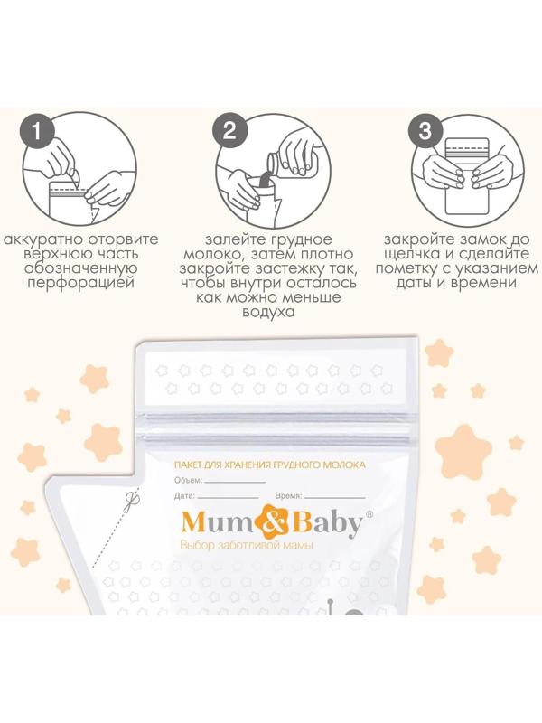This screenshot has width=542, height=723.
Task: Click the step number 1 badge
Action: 36,132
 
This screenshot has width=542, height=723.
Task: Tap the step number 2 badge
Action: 229,132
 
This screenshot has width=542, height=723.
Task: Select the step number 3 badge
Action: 425,131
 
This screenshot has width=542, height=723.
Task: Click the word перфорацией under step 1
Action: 80,282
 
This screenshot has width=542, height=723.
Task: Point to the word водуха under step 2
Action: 268,312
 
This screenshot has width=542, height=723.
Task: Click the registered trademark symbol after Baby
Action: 369,513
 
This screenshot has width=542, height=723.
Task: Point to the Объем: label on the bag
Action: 189,481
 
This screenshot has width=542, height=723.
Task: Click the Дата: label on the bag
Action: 185,496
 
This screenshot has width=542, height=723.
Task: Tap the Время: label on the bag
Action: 288,496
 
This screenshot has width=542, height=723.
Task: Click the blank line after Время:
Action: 334,498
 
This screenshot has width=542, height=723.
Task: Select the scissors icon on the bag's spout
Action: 133,499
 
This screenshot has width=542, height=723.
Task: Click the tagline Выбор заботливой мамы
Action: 247,546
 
